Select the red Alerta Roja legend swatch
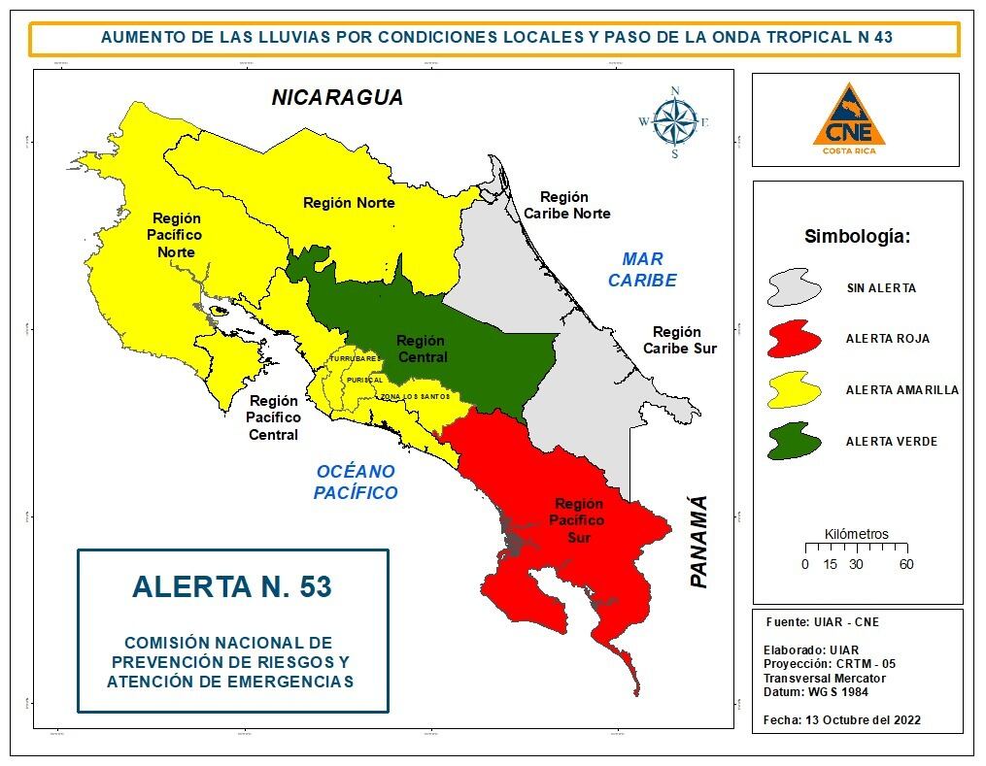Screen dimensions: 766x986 [x=800, y=339]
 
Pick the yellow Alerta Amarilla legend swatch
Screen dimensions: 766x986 [x=800, y=390]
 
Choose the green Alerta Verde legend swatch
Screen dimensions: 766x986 [x=800, y=441]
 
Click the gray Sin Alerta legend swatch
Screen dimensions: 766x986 [x=800, y=288]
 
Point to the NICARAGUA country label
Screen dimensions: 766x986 [x=337, y=98]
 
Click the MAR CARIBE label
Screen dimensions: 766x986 [x=642, y=270]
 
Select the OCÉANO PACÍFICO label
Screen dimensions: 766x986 [x=356, y=482]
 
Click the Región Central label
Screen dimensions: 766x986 [x=421, y=349]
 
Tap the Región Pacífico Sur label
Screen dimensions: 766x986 [x=578, y=520]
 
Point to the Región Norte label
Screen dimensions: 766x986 [x=349, y=203]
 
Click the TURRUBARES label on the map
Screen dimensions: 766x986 [x=354, y=359]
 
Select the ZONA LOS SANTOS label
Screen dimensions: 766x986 [x=416, y=396]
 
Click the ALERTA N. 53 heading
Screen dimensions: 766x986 [x=231, y=586]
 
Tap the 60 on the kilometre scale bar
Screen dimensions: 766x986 [x=905, y=564]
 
